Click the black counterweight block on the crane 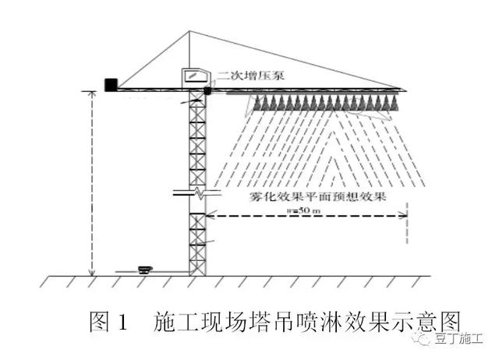point(111,83)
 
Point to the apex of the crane point(189,33)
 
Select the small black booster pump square point(208,91)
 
